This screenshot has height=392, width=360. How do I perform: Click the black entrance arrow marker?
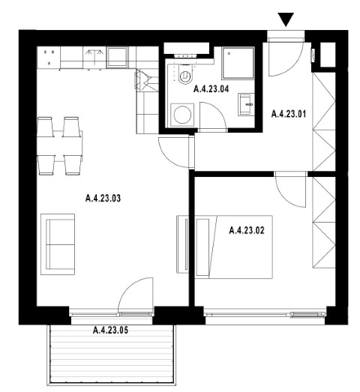pos(286,19)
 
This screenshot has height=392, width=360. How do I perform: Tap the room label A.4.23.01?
pos(289,114)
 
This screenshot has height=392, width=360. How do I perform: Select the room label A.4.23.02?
pos(247,230)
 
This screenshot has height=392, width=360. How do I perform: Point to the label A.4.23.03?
pos(103,199)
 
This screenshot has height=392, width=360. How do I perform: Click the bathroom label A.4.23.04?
pos(211,89)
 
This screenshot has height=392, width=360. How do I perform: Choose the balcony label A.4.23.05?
pos(110,331)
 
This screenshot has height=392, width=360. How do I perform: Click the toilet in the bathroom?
pos(185,74)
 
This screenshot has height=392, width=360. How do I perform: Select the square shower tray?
pos(238,63)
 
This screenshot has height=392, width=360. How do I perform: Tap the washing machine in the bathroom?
pos(182,115)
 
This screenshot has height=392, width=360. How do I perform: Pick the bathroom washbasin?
pos(246,104)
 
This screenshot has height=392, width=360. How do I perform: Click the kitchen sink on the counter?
pos(117,57)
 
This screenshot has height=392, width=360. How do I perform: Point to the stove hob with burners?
pos(49,58)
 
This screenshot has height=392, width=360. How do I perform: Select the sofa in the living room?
pos(58,244)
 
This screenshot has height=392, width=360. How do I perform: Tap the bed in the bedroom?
pos(234,247)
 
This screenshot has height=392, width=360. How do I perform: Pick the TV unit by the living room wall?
pos(182,244)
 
